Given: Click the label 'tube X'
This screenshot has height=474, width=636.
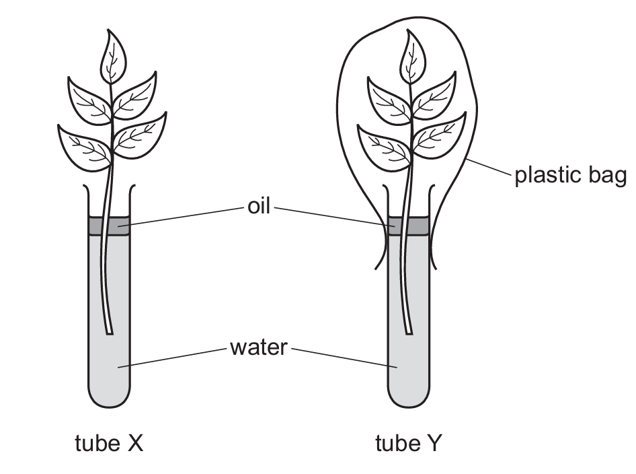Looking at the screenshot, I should pyautogui.click(x=108, y=444).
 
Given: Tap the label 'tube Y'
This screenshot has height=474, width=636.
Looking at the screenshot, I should pyautogui.click(x=408, y=444).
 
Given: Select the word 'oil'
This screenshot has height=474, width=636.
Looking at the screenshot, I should pyautogui.click(x=258, y=207).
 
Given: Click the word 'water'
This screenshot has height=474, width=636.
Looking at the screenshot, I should pyautogui.click(x=259, y=348).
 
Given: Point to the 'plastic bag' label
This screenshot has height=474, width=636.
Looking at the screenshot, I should pyautogui.click(x=571, y=176).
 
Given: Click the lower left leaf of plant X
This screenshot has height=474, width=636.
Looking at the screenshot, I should pyautogui.click(x=82, y=143).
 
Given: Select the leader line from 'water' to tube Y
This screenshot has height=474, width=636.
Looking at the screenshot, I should pyautogui.click(x=343, y=358).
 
